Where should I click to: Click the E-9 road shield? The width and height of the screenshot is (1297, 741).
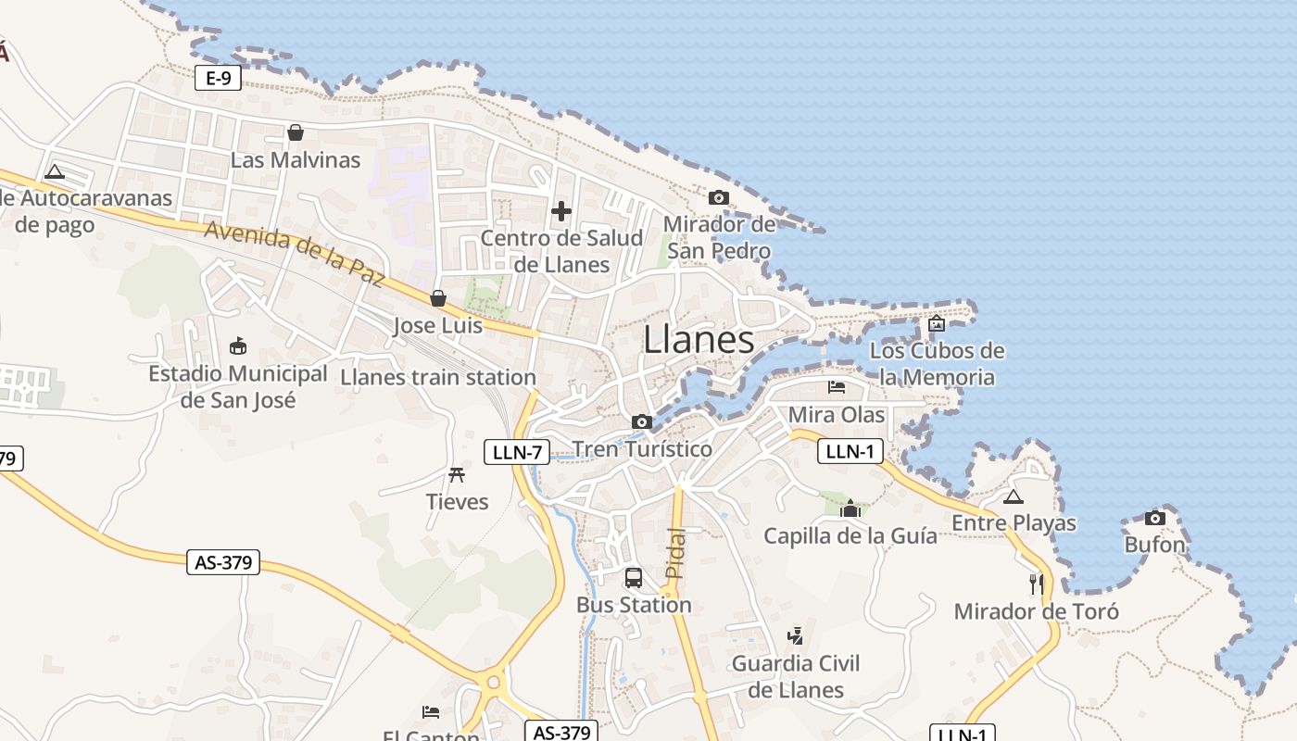click(218, 79)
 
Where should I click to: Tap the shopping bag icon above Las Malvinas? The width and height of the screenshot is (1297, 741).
click(296, 132)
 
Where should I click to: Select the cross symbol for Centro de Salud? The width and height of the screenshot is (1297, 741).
click(561, 211)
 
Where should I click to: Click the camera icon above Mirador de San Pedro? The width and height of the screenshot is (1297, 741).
click(718, 197)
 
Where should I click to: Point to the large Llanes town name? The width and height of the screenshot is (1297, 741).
click(699, 340)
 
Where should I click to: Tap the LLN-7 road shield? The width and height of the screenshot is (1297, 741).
click(517, 452)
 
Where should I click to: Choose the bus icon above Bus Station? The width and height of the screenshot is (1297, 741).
click(634, 578)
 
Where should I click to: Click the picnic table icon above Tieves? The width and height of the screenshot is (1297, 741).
click(457, 475)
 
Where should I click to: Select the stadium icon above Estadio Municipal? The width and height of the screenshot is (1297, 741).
click(238, 346)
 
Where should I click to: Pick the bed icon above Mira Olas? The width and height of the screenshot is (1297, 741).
click(837, 387)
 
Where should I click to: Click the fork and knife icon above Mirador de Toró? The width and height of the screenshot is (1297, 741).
click(1037, 584)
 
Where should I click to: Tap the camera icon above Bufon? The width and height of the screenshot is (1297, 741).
click(1154, 518)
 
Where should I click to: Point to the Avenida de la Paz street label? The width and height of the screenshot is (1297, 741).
click(294, 253)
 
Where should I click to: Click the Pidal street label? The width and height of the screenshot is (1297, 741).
click(675, 553)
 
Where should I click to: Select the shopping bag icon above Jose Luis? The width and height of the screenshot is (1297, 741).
click(438, 298)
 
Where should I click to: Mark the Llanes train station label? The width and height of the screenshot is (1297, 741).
click(438, 377)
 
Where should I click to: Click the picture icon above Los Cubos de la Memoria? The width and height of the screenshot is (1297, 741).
click(937, 323)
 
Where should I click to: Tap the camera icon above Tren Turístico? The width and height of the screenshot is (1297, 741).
click(641, 422)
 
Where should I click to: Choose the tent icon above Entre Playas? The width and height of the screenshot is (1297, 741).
click(1014, 496)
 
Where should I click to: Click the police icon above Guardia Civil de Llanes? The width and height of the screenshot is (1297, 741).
click(795, 636)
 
